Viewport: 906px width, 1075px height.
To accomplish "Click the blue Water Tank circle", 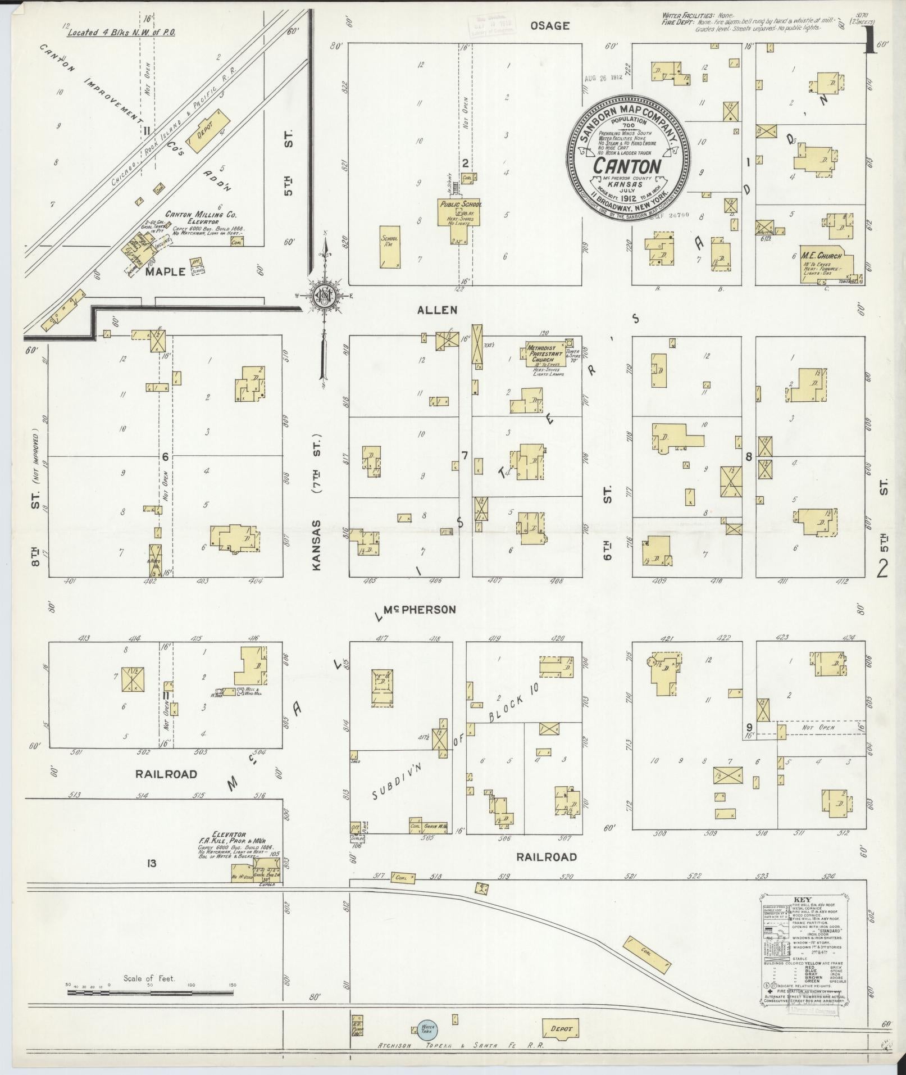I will coord(428,1028).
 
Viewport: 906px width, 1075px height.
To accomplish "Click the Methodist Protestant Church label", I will coord(545,353).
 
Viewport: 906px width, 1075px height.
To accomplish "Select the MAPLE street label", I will coord(165,271).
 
